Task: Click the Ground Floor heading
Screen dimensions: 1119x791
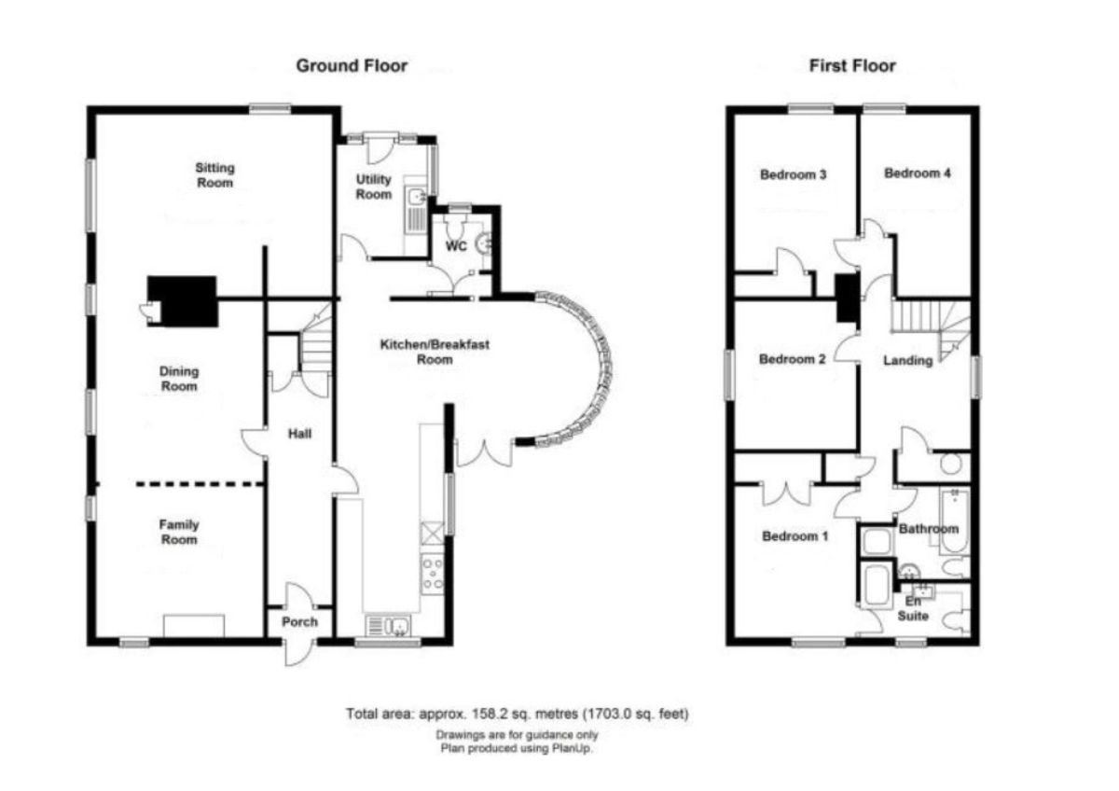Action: coord(352,66)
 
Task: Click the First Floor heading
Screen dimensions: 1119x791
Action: coord(852,66)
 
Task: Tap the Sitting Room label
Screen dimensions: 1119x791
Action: coord(214,175)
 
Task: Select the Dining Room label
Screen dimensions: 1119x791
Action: coord(179,379)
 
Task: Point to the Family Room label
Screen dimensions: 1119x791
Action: coord(179,533)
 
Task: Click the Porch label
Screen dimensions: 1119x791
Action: coord(299,622)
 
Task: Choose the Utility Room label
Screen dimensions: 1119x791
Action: coord(374,187)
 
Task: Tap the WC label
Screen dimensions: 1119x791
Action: coord(456,246)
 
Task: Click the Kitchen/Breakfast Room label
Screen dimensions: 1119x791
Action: coord(435,352)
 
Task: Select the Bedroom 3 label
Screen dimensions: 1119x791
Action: coord(793,174)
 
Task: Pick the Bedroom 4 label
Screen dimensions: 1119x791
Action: coord(918,173)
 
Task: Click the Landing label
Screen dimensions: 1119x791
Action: coord(907,360)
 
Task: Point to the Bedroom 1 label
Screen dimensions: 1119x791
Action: coord(794,536)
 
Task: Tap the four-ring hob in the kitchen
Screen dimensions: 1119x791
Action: coord(433,574)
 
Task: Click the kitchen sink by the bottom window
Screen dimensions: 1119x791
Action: coord(388,626)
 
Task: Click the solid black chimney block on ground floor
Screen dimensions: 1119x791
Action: coord(183,301)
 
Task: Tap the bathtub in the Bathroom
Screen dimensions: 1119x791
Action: coord(955,522)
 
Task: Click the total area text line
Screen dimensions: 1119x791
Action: coord(517,715)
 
